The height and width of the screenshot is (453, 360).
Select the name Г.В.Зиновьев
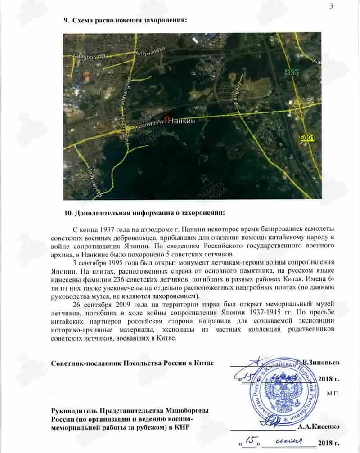pos(315,362)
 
